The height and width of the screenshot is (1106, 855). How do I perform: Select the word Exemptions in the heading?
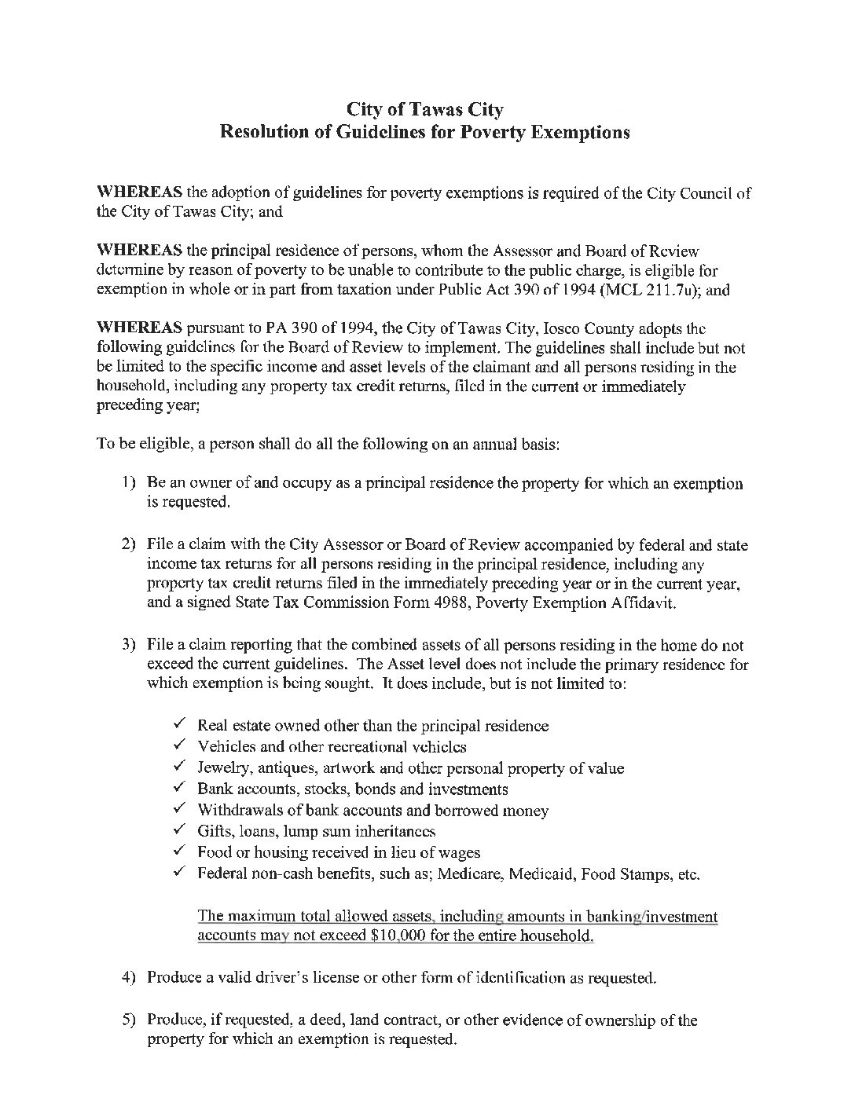[x=581, y=132]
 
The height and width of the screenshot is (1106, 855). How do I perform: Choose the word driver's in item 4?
[x=284, y=978]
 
